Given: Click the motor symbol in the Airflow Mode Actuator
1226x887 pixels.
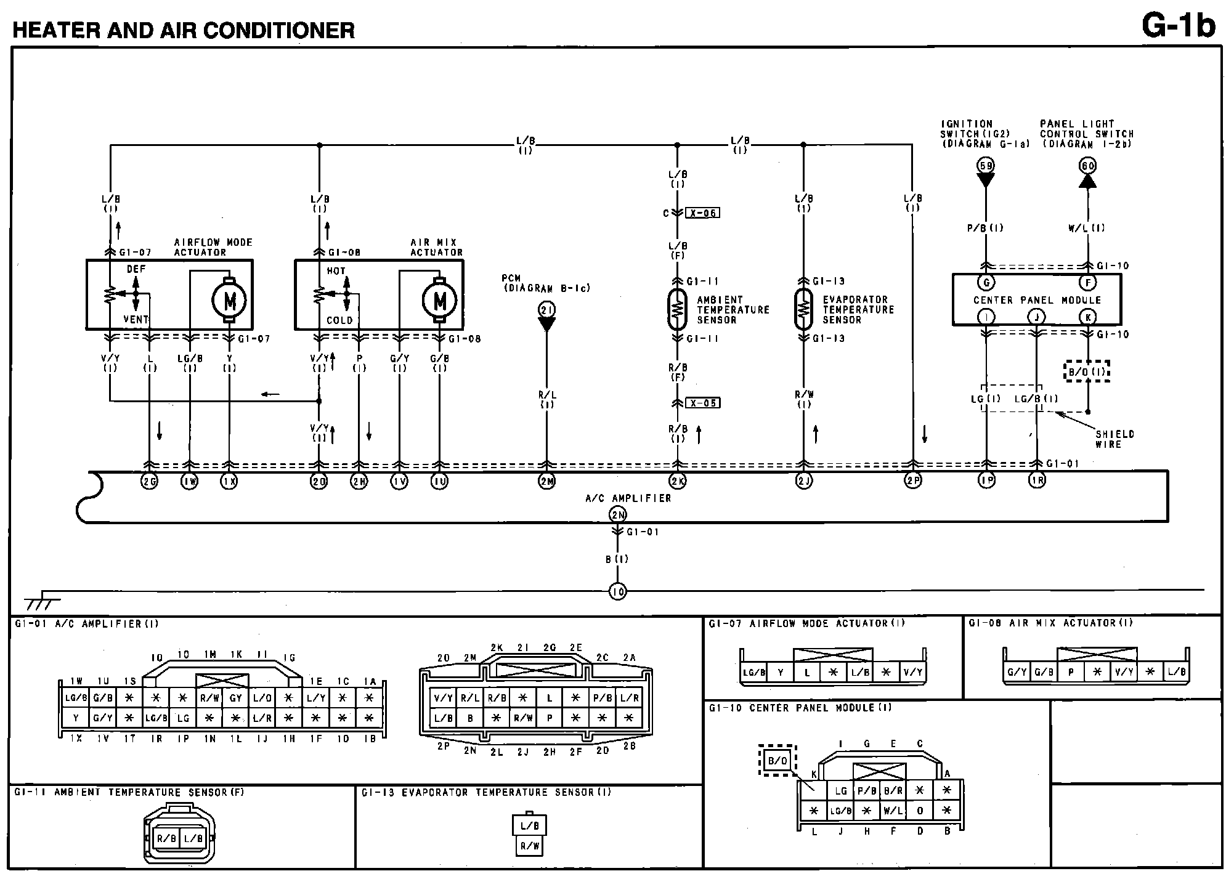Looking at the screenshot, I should (229, 300).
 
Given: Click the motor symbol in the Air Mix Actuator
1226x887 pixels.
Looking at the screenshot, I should (439, 300).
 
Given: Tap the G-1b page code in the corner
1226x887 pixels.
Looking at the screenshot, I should (1178, 26).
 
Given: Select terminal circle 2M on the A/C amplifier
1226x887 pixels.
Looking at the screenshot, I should (546, 481).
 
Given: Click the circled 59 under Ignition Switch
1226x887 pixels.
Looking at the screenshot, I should (986, 165).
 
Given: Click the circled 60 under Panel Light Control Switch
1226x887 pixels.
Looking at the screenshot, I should (1087, 165).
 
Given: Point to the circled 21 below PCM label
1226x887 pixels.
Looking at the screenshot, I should (546, 310).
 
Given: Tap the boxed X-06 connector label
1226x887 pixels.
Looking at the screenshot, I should (702, 213).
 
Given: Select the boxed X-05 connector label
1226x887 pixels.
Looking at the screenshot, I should (702, 403).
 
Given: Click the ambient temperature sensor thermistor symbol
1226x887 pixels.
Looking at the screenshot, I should (677, 309).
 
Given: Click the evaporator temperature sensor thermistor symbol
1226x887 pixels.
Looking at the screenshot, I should (803, 309).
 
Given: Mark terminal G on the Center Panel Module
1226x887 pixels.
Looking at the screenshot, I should (986, 283).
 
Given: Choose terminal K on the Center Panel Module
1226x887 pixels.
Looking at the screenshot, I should (1087, 317).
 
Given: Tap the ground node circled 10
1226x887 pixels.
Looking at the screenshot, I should (617, 592).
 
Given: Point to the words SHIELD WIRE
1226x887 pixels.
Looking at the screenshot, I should (1114, 439).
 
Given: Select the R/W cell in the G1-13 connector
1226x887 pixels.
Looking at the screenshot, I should (529, 846).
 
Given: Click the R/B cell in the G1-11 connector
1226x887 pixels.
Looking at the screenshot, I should (166, 838).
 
